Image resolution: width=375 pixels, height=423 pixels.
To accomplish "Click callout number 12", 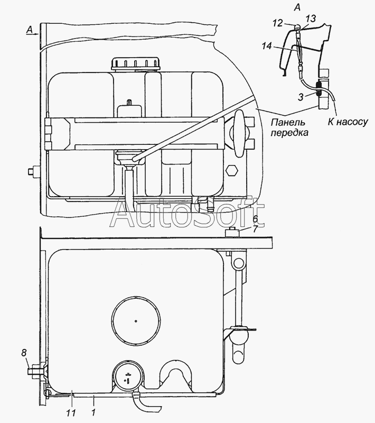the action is tap(278, 23).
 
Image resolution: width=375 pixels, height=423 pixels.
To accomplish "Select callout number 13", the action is tap(311, 19).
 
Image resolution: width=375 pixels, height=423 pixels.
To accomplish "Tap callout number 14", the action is tap(267, 46).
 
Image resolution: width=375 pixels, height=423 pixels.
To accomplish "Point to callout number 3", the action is tap(301, 97).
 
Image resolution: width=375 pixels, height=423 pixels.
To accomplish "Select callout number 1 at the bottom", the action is tap(93, 413).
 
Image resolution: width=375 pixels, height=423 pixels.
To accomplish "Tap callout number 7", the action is tap(256, 229).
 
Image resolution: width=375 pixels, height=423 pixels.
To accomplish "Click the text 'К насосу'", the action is tap(348, 122).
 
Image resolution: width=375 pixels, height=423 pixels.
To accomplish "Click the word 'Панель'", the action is tap(288, 122).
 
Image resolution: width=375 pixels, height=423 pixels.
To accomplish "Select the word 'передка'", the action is tap(289, 133).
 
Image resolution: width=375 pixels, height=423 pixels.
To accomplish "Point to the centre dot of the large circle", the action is tap(136, 321).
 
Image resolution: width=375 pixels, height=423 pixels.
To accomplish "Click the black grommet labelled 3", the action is tap(319, 89).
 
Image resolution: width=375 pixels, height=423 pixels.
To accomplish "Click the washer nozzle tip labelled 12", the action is tap(297, 27).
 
